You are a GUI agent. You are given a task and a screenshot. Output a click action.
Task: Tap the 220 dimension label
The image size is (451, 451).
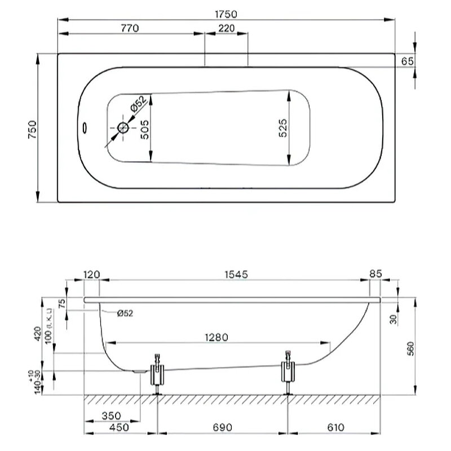coord(226,28)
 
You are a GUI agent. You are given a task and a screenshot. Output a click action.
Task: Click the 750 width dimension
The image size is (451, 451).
coord(32,129)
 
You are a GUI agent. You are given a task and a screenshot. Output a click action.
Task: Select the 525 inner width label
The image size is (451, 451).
coord(284,128)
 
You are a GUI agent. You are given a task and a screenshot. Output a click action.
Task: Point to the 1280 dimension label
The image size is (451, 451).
coord(217,338)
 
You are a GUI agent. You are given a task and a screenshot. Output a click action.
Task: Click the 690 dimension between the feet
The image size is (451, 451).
coord(223,427)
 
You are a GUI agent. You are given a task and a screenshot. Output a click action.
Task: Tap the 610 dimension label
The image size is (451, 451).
coord(335,427)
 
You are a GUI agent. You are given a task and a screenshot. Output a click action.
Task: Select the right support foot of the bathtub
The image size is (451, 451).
coord(289,371)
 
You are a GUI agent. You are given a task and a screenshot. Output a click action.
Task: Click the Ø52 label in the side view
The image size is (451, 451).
coord(125,313)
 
